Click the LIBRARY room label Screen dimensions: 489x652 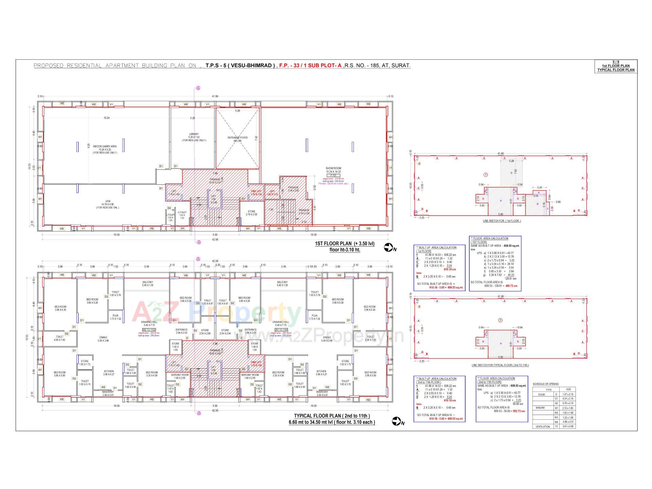(194, 134)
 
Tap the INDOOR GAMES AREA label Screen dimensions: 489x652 (105, 146)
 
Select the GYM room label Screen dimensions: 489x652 (108, 201)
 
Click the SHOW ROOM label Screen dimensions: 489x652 (333, 168)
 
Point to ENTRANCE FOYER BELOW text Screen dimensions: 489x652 (237, 139)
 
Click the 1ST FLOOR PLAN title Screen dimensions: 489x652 (344, 244)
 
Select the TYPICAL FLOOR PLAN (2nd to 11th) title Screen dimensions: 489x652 (331, 416)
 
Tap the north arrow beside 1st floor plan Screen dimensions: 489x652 (389, 248)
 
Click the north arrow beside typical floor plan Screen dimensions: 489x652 (397, 421)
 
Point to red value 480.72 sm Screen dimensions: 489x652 (511, 286)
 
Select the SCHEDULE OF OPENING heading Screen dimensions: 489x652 (545, 384)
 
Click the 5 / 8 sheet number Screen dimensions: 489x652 (616, 62)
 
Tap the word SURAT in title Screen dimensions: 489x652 (401, 66)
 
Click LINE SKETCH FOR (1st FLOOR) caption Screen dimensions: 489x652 (502, 221)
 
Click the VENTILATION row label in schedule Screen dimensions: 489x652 (542, 427)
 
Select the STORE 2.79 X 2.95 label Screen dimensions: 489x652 (251, 213)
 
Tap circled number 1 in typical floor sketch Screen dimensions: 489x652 (500, 320)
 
